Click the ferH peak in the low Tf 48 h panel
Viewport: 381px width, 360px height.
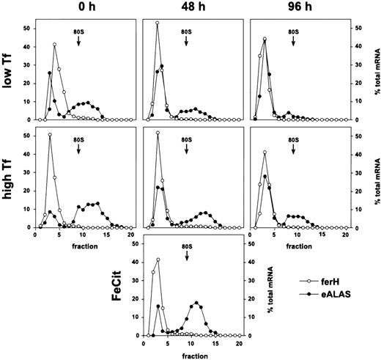[158, 23]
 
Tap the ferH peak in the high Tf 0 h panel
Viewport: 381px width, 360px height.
[50, 134]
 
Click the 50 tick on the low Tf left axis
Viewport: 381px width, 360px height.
[28, 29]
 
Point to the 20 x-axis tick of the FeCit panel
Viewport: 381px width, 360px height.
[239, 343]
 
